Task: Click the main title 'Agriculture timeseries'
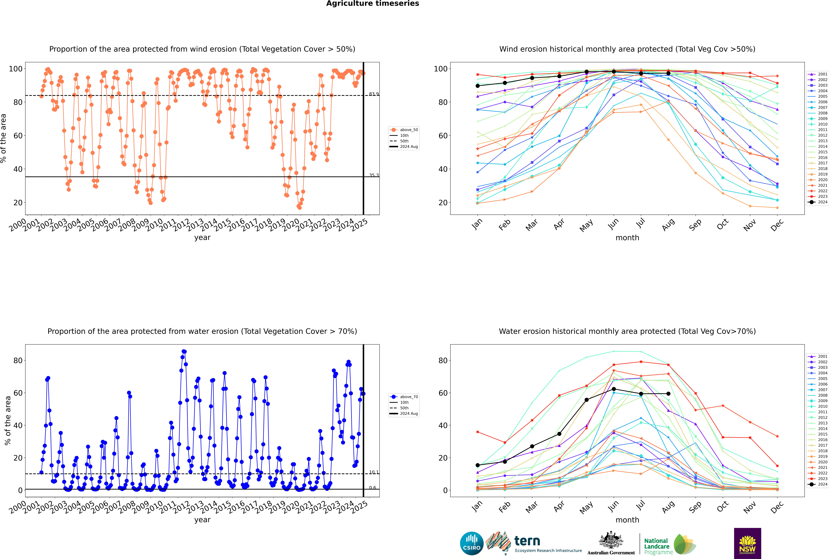pyautogui.click(x=372, y=4)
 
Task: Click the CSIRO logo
pyautogui.click(x=472, y=543)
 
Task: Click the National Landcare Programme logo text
pyautogui.click(x=657, y=546)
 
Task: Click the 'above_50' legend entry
pyautogui.click(x=408, y=130)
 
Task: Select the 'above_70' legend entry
pyautogui.click(x=408, y=397)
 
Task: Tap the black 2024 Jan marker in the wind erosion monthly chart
pyautogui.click(x=478, y=86)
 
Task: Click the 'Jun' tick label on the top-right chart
pyautogui.click(x=613, y=224)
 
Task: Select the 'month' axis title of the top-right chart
pyautogui.click(x=627, y=238)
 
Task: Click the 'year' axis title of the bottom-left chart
pyautogui.click(x=202, y=520)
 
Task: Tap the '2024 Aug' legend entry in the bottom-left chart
pyautogui.click(x=408, y=414)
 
